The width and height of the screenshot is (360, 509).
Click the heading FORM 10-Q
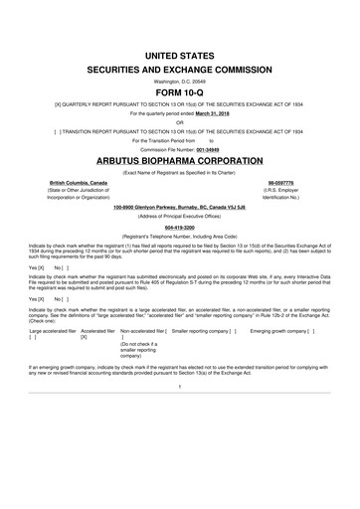click(x=179, y=87)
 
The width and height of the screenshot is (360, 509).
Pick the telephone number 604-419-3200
click(x=179, y=225)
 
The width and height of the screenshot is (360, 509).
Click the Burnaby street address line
click(x=179, y=206)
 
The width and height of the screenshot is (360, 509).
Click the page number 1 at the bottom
click(x=179, y=386)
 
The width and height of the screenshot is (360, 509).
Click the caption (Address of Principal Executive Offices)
click(x=179, y=215)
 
